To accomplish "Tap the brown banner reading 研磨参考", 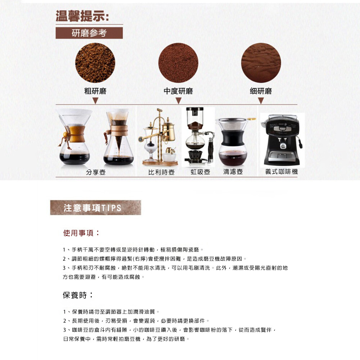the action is (x=89, y=33).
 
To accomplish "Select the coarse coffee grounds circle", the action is (x=95, y=63).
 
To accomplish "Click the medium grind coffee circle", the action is (x=178, y=63).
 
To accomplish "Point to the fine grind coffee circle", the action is (x=261, y=63).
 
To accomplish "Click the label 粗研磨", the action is (x=95, y=91).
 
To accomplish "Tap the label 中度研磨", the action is (x=178, y=91).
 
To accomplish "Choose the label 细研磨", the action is (x=261, y=91).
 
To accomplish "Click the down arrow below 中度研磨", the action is (x=179, y=100).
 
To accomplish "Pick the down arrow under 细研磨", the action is (x=261, y=100).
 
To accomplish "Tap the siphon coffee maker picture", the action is (x=198, y=136).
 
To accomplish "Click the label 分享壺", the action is (x=96, y=172).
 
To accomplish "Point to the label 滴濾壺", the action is (x=233, y=172).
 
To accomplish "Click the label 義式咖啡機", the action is (x=282, y=171).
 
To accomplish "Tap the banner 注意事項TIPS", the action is (x=95, y=208).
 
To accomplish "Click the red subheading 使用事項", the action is (x=81, y=233).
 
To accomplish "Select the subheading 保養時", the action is (x=78, y=295).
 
